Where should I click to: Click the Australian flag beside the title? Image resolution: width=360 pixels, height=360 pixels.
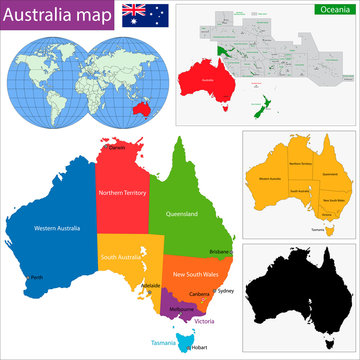click(138, 14)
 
